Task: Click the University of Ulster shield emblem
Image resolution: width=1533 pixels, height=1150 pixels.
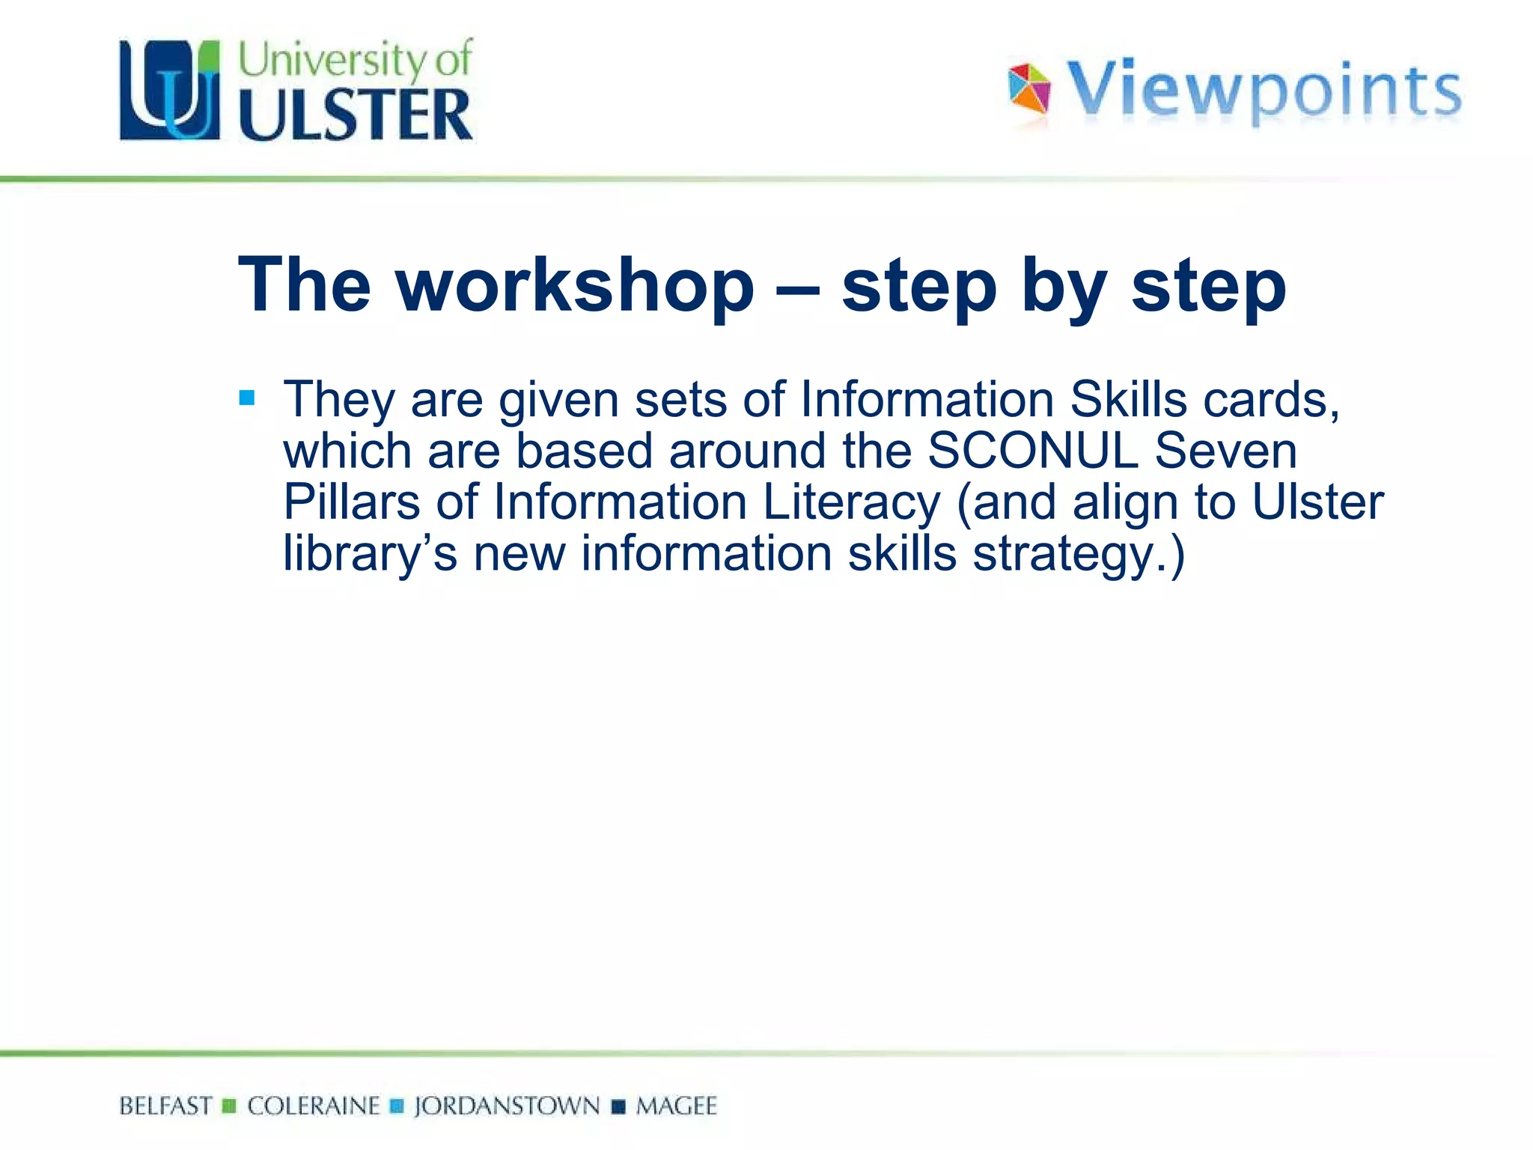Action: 170,90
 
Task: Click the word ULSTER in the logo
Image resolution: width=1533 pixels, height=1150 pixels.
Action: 356,115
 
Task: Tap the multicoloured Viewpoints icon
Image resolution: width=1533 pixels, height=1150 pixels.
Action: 1029,88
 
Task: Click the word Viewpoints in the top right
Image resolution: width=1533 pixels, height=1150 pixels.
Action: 1264,91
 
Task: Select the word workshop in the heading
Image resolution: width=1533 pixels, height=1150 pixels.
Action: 575,285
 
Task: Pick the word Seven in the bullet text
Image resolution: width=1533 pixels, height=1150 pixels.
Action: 1225,451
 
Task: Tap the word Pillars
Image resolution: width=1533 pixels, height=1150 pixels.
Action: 352,502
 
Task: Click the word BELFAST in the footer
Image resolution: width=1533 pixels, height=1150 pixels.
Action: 165,1106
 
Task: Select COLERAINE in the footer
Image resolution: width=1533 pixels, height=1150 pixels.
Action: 314,1106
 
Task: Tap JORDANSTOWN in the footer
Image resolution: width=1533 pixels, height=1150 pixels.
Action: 507,1106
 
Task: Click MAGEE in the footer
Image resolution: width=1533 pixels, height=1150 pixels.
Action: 676,1106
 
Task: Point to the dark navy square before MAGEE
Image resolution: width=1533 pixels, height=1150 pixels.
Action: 618,1107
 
